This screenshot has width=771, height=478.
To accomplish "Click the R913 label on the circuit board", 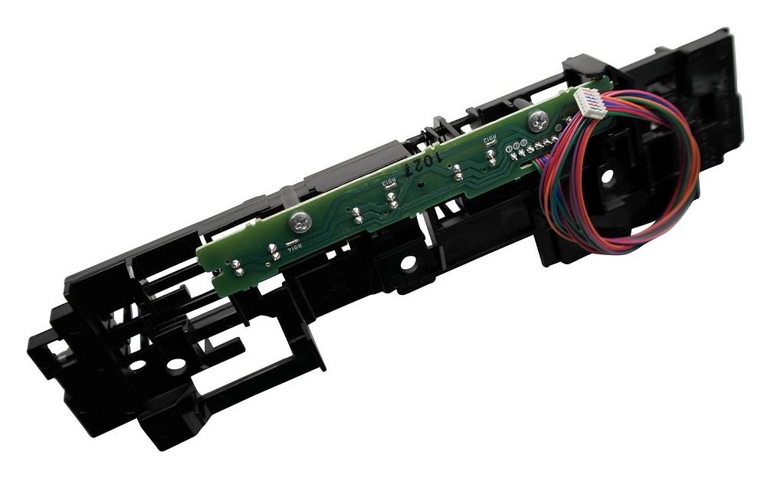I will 389,182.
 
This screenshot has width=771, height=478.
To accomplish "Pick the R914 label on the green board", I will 293,244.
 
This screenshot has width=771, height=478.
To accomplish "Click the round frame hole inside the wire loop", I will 607,175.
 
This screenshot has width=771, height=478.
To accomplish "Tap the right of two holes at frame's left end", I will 176,364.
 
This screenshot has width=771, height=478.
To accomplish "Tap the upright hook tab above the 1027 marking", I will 439,124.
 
